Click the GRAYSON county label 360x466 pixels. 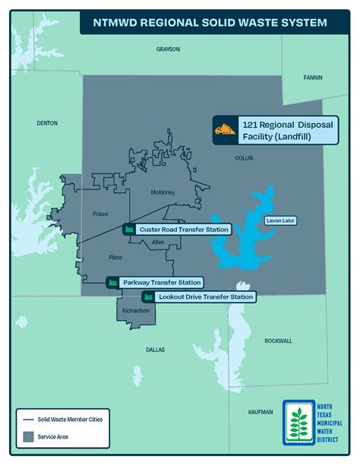(x=168, y=49)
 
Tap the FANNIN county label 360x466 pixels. (x=312, y=78)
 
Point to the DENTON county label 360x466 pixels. (x=46, y=122)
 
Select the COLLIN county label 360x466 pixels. (x=244, y=158)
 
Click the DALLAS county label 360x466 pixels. (x=155, y=350)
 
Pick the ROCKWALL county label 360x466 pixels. (x=278, y=341)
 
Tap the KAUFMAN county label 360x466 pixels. (x=261, y=411)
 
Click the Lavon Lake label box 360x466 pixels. (x=279, y=221)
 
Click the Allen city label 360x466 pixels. (x=158, y=242)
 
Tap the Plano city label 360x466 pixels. (x=115, y=258)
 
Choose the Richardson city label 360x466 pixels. (x=134, y=310)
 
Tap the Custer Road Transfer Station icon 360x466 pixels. (x=129, y=229)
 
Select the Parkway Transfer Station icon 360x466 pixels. (x=113, y=283)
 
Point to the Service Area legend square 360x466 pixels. (x=30, y=436)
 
